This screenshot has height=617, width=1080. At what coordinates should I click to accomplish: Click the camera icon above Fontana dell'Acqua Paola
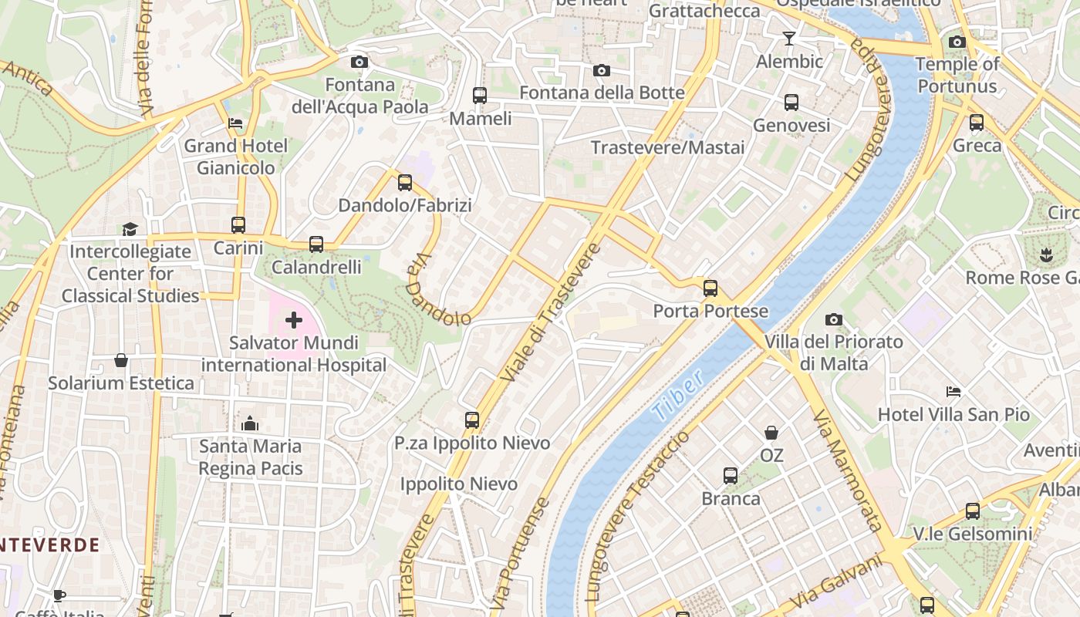click(x=359, y=62)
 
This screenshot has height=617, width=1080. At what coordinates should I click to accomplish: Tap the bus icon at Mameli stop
click(x=480, y=96)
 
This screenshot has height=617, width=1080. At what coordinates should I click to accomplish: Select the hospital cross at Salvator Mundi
click(x=293, y=319)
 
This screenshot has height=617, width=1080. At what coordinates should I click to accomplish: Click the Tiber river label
click(x=677, y=395)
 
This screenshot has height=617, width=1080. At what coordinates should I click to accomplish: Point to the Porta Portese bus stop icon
click(x=710, y=288)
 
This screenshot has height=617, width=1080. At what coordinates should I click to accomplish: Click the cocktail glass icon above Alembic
click(x=788, y=38)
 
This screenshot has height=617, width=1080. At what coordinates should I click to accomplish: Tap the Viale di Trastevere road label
click(x=550, y=312)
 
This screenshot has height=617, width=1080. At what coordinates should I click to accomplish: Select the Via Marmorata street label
click(x=847, y=470)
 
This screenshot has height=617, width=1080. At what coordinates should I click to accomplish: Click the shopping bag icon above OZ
click(x=771, y=433)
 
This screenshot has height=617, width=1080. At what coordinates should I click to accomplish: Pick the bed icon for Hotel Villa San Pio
click(x=953, y=392)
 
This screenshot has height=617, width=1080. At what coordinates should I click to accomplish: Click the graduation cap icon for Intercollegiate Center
click(x=130, y=229)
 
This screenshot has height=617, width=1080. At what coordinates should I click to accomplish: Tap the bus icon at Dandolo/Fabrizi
click(x=405, y=183)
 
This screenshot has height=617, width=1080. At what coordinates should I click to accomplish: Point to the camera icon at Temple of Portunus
click(x=957, y=42)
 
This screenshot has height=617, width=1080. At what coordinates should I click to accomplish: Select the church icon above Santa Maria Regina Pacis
click(x=250, y=423)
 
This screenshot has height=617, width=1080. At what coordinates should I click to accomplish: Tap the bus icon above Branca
click(x=730, y=476)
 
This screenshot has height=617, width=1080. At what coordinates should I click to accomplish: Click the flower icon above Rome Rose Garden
click(x=1046, y=255)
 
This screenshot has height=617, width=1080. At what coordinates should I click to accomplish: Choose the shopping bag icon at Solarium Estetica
click(x=121, y=360)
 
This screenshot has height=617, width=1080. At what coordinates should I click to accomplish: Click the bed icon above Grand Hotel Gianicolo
click(x=235, y=123)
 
